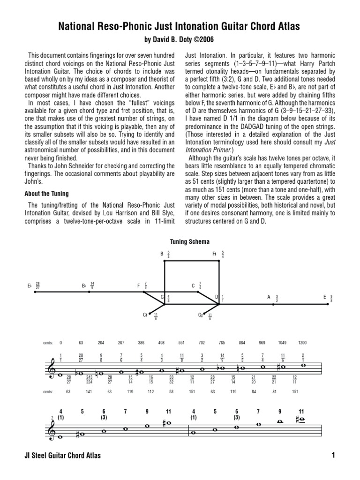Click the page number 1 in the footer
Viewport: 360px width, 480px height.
[333, 456]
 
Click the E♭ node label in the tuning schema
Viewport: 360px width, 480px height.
[30, 285]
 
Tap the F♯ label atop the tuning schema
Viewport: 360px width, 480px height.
[215, 254]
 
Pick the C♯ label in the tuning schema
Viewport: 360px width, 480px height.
[145, 315]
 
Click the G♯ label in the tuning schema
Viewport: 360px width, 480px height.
[200, 315]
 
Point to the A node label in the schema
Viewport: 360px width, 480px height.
[269, 297]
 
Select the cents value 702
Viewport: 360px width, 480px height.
[202, 343]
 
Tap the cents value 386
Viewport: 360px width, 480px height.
[141, 343]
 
